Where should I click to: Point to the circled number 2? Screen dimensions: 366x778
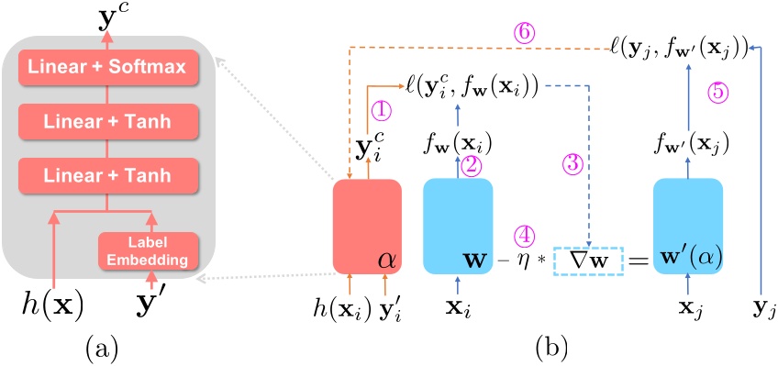473,165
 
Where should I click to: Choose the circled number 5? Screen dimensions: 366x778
720,91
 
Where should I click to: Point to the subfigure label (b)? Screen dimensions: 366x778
552,347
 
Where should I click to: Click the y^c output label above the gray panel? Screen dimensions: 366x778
114,17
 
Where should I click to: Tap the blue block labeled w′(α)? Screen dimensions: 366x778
688,226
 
